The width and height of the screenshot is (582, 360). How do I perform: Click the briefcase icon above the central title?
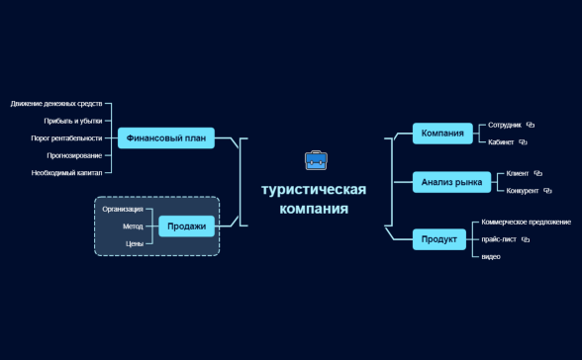[315, 160]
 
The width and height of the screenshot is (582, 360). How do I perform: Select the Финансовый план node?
[166, 138]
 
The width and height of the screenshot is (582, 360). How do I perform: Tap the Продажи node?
[186, 226]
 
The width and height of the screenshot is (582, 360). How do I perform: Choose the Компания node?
[442, 134]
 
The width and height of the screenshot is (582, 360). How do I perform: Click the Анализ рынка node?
[451, 182]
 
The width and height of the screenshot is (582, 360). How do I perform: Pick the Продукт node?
[439, 239]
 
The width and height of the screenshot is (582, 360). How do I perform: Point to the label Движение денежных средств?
[56, 103]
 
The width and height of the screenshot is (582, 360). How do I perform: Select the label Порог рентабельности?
[66, 138]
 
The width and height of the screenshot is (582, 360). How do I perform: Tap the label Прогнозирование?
[73, 155]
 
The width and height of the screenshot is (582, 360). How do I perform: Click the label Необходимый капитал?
[66, 173]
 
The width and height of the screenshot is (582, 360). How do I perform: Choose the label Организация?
[123, 210]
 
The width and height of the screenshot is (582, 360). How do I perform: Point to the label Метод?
[133, 226]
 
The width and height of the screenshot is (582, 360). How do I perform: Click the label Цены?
[135, 243]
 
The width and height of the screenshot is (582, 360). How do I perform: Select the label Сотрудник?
[505, 126]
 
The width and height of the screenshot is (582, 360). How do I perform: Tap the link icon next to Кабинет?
[524, 142]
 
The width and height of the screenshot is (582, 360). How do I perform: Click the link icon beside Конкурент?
[547, 191]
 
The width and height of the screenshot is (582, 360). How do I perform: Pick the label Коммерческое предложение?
[526, 222]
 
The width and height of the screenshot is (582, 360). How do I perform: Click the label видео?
[491, 257]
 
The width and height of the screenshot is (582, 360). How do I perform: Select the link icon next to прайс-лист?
[526, 239]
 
